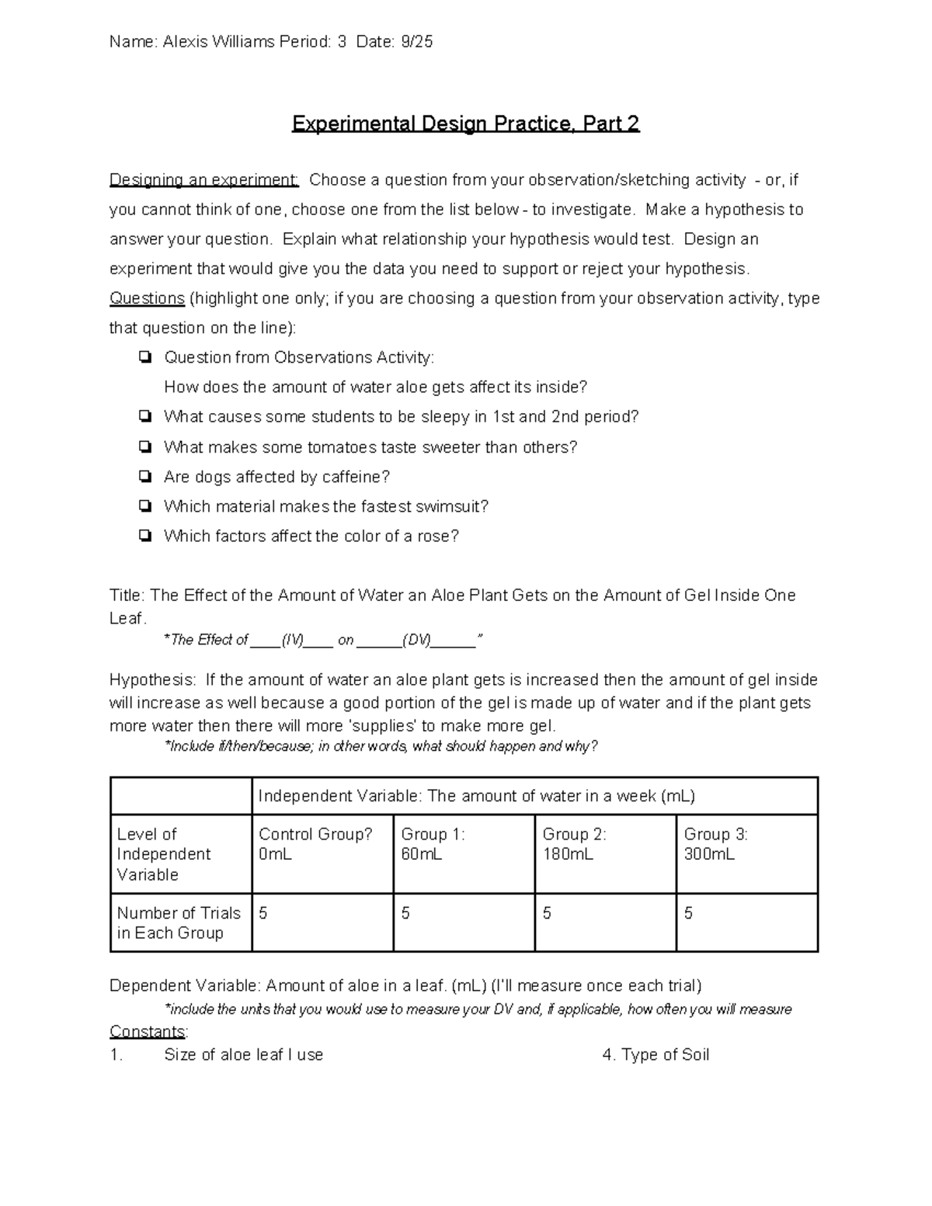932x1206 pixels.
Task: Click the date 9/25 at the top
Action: pos(417,42)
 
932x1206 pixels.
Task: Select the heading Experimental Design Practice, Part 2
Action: pos(465,123)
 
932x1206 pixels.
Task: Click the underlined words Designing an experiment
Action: pos(203,180)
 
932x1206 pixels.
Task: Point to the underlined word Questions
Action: pos(147,298)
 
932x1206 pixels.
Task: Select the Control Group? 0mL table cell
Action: pos(322,853)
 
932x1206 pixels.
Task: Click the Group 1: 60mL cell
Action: pos(464,853)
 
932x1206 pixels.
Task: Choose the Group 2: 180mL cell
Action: pos(605,853)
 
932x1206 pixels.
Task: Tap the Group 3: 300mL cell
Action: pos(746,853)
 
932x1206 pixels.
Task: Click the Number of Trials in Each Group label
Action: pos(179,923)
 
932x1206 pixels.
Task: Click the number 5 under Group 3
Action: pos(688,913)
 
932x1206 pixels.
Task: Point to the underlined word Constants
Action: pos(148,1031)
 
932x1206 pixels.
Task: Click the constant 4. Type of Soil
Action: pos(656,1055)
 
